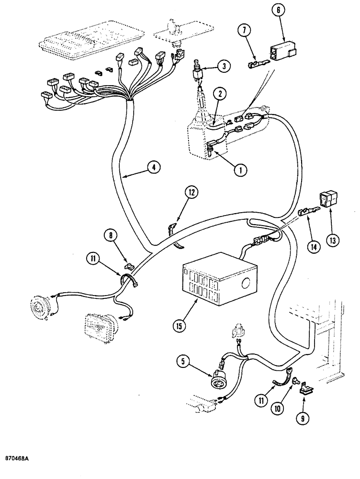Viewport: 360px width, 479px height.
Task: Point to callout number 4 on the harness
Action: [x=154, y=168]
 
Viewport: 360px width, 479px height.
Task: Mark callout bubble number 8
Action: [x=111, y=235]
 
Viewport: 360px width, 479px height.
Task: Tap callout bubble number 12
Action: [x=191, y=194]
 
